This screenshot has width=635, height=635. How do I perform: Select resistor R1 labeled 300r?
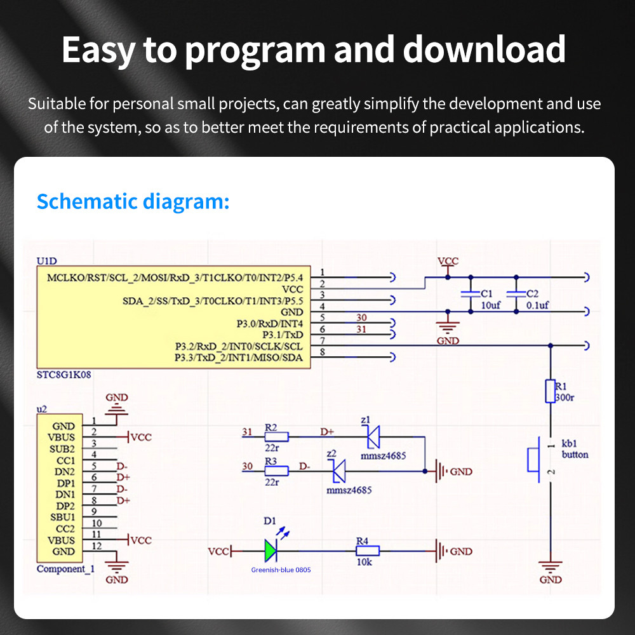[551, 391]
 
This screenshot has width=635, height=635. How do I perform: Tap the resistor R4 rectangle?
[367, 551]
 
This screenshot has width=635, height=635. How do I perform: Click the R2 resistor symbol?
[276, 437]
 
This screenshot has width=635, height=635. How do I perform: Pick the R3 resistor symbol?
[276, 471]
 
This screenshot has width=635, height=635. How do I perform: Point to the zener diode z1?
[372, 437]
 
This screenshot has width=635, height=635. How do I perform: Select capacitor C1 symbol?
[470, 293]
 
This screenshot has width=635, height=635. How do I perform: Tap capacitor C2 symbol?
[516, 293]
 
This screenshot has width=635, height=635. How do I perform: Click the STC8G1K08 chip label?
[64, 375]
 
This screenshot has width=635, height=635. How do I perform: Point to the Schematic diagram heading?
[133, 201]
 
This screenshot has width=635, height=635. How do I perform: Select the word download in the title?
[485, 50]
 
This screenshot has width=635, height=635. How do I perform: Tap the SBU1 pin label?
[63, 517]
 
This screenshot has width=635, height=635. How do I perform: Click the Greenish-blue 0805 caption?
[281, 570]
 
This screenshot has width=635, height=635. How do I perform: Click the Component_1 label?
[65, 569]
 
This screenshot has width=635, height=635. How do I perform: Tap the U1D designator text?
[48, 261]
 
